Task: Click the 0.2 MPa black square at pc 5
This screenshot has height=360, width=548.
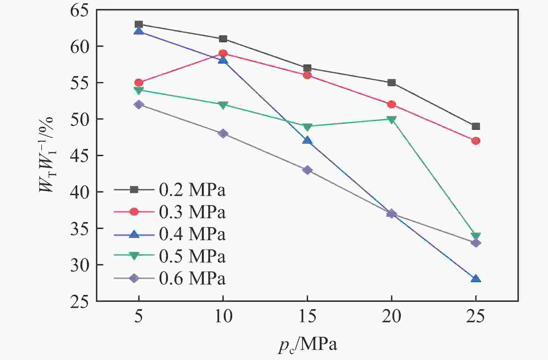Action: click(x=139, y=24)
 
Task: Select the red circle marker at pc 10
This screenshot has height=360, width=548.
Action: click(x=223, y=54)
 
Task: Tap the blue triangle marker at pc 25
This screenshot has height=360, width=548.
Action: click(x=476, y=279)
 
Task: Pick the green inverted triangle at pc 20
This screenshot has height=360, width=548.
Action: click(x=392, y=120)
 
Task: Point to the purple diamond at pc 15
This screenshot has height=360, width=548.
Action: click(x=307, y=170)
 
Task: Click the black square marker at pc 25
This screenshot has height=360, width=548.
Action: click(x=476, y=126)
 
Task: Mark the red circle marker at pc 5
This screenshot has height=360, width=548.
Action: click(x=139, y=83)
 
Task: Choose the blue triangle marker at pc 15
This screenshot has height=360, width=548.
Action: click(x=307, y=140)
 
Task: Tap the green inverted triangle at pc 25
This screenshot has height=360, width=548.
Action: click(x=476, y=236)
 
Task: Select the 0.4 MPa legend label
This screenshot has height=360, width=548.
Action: click(x=192, y=234)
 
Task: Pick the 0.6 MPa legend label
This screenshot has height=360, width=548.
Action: click(x=192, y=279)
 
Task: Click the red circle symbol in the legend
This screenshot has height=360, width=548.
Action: click(x=134, y=212)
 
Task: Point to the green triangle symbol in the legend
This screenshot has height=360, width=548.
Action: click(x=134, y=256)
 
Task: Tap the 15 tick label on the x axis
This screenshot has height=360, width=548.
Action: click(x=307, y=317)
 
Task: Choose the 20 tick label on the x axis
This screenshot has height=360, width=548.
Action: click(x=392, y=317)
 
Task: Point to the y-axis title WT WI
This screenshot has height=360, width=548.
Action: click(x=47, y=155)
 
